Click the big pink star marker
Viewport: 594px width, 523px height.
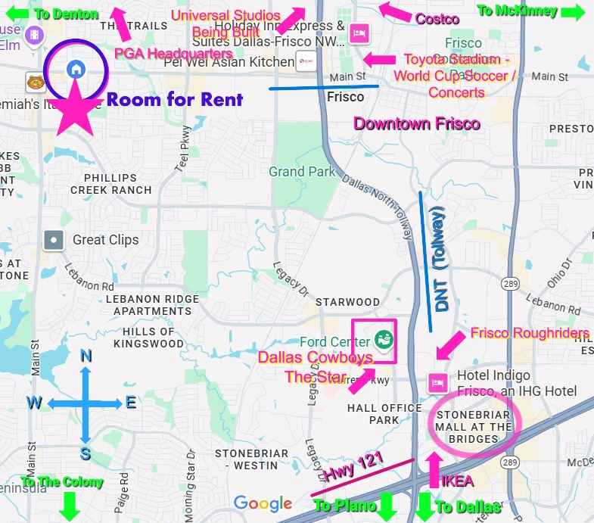75,107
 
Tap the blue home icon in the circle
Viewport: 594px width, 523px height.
75,69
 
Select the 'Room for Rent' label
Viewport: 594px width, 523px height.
175,99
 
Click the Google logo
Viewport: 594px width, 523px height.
263,503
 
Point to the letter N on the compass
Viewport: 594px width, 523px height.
86,356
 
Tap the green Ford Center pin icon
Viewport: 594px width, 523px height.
384,339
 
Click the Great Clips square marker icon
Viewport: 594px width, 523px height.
54,241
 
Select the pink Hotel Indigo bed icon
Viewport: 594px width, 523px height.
436,383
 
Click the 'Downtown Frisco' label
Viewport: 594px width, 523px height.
417,123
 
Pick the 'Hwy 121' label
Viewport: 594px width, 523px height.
353,466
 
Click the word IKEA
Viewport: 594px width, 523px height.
457,481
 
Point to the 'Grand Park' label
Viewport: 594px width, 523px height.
302,172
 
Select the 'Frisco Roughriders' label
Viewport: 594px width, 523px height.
530,333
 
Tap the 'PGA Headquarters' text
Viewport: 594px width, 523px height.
173,53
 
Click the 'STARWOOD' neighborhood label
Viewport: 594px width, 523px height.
347,302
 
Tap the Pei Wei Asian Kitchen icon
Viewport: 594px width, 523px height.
305,62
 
